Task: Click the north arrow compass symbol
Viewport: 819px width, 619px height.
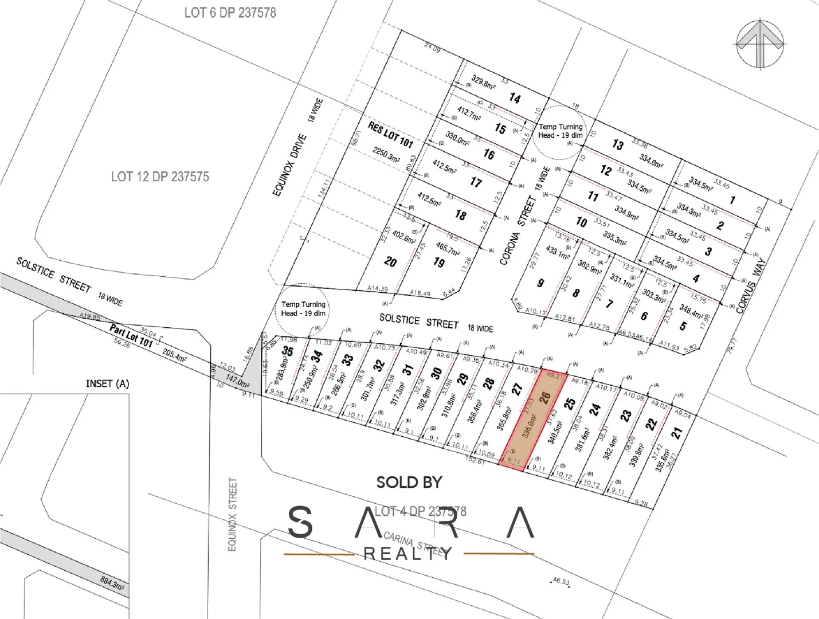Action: coord(760,44)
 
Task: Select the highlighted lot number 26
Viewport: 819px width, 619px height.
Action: coord(545,396)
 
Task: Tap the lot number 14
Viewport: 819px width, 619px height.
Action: coord(515,99)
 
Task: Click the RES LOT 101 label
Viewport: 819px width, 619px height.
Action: coord(390,134)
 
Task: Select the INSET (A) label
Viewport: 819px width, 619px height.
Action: coord(107,383)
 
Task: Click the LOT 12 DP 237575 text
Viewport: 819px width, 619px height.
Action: coord(160,177)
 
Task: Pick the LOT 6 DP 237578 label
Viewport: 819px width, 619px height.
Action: coord(230,13)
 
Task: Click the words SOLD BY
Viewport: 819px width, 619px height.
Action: coord(409,483)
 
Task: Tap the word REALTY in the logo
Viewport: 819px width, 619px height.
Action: coord(408,554)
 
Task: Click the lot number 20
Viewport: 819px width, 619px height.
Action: coord(390,262)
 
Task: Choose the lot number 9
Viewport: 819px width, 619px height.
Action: coord(540,283)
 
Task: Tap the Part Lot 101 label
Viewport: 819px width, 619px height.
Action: coord(132,336)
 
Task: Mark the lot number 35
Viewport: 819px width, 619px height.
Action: coord(288,351)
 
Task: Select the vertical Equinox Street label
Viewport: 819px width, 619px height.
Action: coord(232,514)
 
